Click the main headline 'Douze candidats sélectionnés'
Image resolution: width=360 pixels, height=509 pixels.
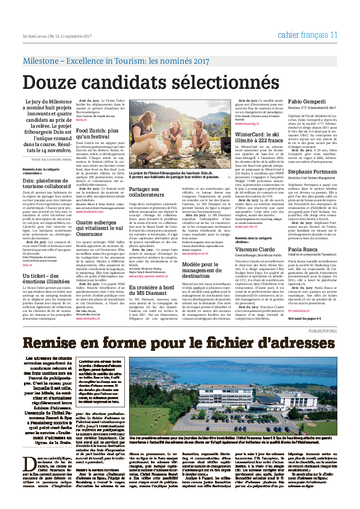(145, 82)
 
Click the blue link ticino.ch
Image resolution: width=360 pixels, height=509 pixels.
(81, 120)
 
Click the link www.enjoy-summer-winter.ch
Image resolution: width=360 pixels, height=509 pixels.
(151, 277)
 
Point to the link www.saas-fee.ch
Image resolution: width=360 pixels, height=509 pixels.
(246, 227)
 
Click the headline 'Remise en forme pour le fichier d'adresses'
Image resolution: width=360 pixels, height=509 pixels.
(179, 343)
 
